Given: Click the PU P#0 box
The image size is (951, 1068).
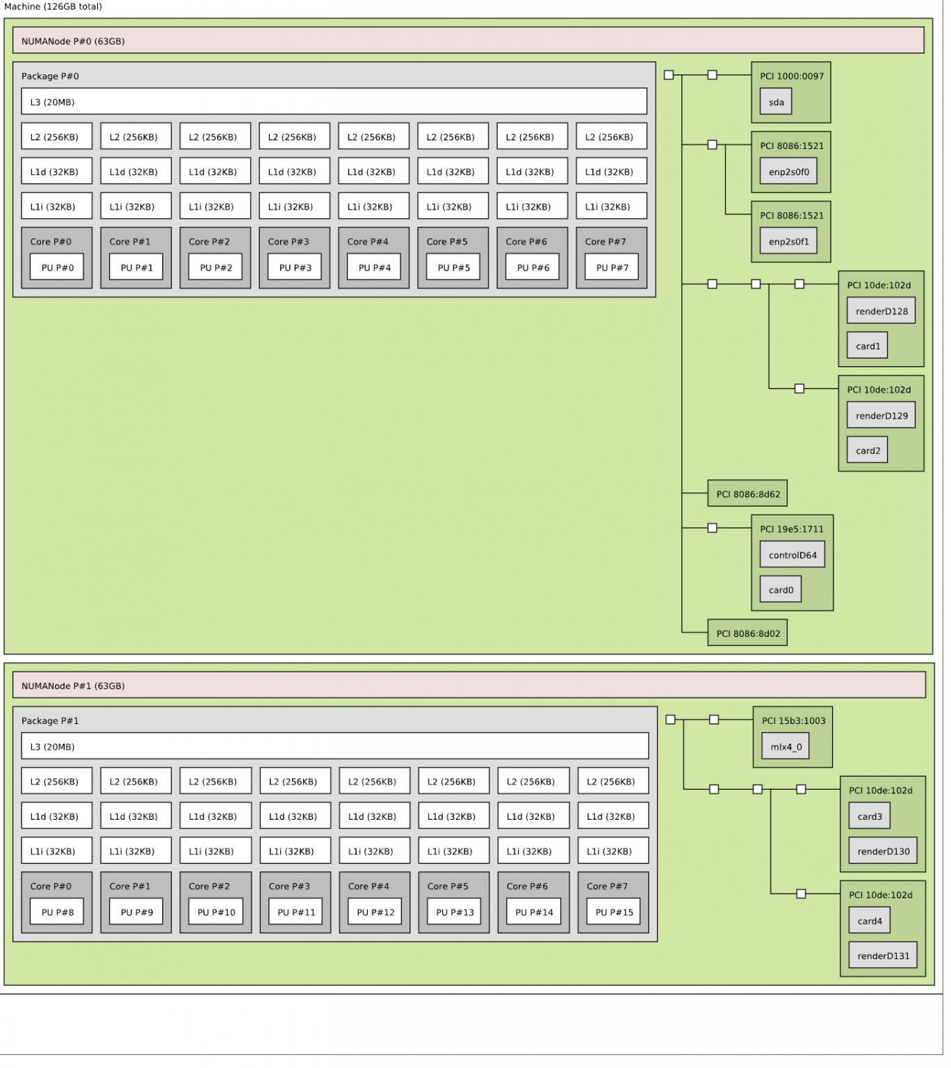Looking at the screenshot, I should coord(57,268).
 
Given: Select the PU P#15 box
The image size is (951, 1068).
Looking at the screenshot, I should coord(614,912).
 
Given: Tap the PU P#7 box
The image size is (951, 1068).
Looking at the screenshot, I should coord(612,268).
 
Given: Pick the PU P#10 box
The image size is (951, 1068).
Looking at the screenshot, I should coord(216,912).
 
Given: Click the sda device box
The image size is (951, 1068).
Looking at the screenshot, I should coord(776,102).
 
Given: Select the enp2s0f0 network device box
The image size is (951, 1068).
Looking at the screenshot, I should coord(788,172).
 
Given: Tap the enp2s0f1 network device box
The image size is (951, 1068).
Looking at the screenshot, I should coord(788,242).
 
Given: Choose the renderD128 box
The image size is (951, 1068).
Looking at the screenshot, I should coord(881,311).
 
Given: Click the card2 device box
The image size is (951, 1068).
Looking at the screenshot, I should coord(867,451).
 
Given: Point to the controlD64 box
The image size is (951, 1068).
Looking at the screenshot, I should coord(792,555).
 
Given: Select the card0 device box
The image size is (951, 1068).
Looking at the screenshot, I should coord(781,590).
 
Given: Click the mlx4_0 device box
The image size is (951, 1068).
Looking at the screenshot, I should coord(786,747).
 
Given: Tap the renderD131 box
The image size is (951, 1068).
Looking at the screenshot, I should coord(883,956).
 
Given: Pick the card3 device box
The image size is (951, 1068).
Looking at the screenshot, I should coord(869,816).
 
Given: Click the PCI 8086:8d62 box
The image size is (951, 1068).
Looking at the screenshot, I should coord(747,494).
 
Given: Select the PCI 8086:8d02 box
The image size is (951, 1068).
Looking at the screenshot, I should coord(747,633).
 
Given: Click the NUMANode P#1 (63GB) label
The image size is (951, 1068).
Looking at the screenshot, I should coord(73,686).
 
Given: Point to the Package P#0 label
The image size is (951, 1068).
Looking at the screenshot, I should coord(50,76).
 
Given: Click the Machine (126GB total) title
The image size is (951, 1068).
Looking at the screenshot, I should coord(53,6).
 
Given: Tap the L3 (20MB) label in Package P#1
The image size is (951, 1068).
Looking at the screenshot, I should coord(52,747).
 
